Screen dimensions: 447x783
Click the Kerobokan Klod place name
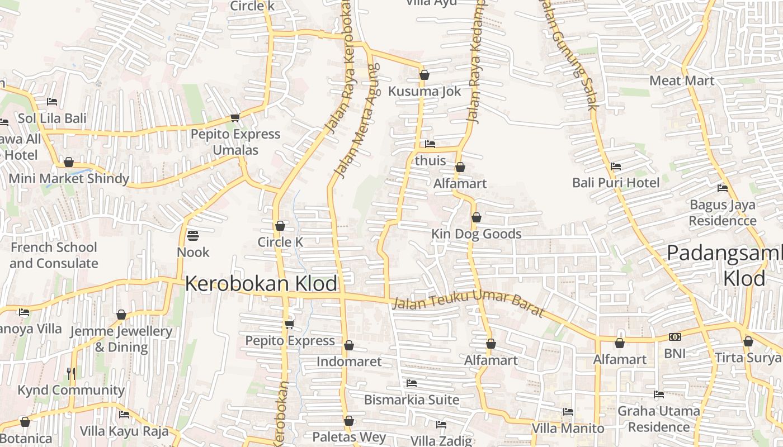coord(261,284)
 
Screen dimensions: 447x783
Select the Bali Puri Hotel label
coord(616,183)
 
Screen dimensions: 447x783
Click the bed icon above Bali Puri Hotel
coord(616,167)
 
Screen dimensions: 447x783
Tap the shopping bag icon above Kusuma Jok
coord(424,75)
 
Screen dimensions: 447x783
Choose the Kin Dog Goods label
coord(477,234)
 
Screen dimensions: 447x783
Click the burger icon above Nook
coord(193,236)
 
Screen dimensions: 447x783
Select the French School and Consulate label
coord(54,255)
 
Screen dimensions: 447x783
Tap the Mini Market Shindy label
coord(69,179)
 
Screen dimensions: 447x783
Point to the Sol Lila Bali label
coord(52,118)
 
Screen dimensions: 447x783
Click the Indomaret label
coord(349,362)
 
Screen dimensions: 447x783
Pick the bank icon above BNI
coord(674,337)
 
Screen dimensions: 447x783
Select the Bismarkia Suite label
coord(412,400)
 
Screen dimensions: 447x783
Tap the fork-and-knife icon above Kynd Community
coord(71,373)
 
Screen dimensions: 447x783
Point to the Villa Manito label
coord(568,429)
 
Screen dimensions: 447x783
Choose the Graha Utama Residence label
coord(658,419)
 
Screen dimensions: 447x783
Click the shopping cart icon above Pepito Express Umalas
coord(235,117)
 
